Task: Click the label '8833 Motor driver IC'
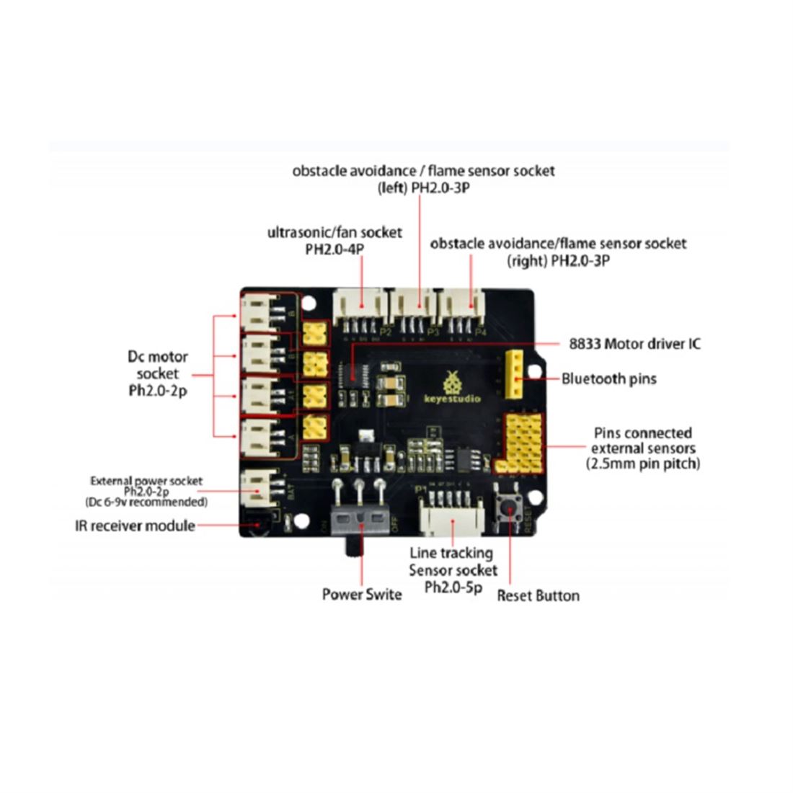point(634,344)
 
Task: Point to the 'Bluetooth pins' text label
point(609,378)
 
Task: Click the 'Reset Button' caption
point(538,595)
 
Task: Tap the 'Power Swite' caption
point(362,594)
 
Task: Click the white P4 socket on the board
point(462,306)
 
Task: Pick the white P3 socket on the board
point(412,306)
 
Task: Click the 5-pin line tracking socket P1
point(450,513)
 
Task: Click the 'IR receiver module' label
point(135,526)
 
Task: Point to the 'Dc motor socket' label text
point(158,373)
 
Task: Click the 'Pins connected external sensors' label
point(643,448)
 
